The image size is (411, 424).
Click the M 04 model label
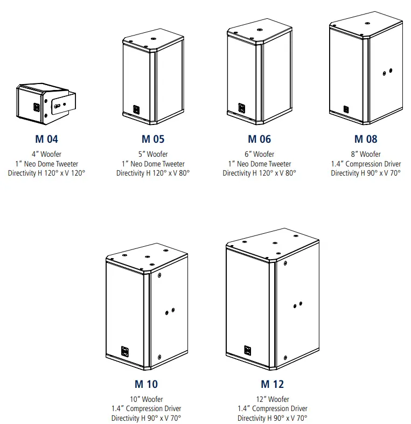pyautogui.click(x=46, y=139)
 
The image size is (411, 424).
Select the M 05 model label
pyautogui.click(x=153, y=139)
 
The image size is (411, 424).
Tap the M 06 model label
pyautogui.click(x=259, y=139)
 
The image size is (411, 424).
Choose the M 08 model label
pyautogui.click(x=366, y=139)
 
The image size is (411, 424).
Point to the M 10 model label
pyautogui.click(x=146, y=384)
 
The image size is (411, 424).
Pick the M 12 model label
pyautogui.click(x=272, y=384)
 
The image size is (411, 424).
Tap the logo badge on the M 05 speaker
pyautogui.click(x=137, y=110)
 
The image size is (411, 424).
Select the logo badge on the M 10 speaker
pyautogui.click(x=124, y=351)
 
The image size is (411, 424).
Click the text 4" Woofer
pyautogui.click(x=46, y=155)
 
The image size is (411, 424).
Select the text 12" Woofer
pyautogui.click(x=272, y=399)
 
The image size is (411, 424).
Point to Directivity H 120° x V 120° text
pyautogui.click(x=46, y=173)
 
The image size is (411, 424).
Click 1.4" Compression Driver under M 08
pyautogui.click(x=366, y=164)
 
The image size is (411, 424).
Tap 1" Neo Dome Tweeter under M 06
pyautogui.click(x=259, y=164)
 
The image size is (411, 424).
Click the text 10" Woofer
pyautogui.click(x=146, y=399)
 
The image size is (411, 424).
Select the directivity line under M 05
pyautogui.click(x=153, y=173)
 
